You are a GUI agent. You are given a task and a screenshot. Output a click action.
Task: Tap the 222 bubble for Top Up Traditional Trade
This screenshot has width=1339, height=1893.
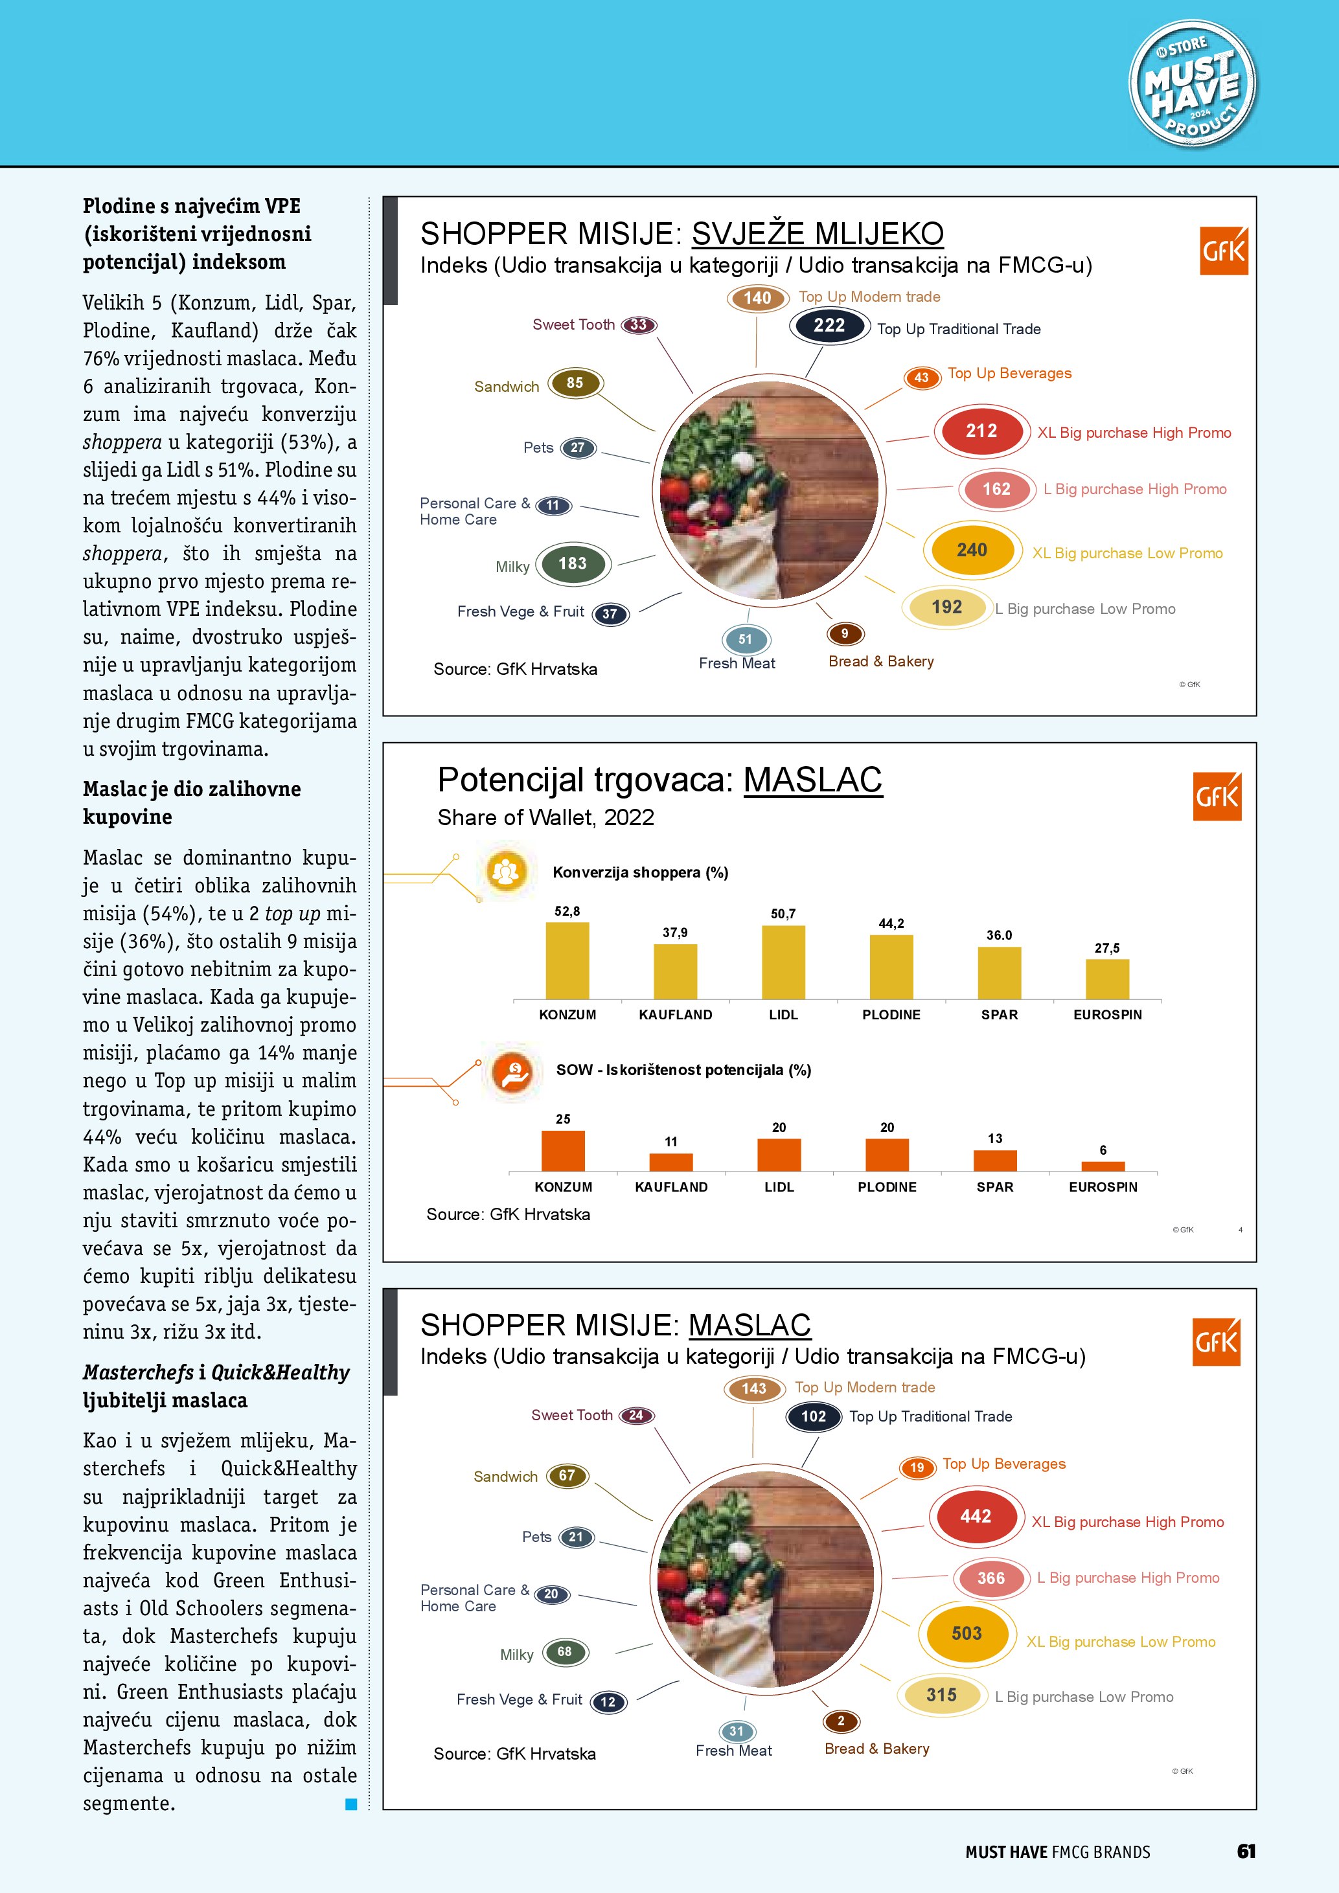[829, 326]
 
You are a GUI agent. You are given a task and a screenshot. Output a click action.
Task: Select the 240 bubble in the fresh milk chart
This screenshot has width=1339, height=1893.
[971, 550]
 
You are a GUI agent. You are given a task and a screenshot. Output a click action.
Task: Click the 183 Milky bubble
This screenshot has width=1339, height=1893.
[572, 564]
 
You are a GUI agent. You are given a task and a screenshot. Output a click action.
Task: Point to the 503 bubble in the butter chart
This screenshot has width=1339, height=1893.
[967, 1633]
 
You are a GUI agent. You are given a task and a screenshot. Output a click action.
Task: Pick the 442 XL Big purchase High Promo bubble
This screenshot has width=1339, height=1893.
[976, 1516]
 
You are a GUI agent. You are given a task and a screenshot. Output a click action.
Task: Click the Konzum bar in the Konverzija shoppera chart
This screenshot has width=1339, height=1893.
[567, 960]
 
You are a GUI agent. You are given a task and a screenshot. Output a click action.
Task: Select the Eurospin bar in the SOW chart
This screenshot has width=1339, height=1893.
[1103, 1166]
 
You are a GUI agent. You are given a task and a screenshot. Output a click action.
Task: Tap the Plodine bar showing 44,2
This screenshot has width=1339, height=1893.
[891, 966]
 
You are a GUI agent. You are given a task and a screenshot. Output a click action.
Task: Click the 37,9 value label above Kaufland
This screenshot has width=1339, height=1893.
[674, 933]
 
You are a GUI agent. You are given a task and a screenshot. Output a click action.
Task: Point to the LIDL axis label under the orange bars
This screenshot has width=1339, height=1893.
[779, 1186]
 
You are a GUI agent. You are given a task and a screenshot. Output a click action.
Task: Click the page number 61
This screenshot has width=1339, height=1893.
[1246, 1851]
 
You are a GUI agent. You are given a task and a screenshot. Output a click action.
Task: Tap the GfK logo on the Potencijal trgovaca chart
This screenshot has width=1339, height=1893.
[1217, 797]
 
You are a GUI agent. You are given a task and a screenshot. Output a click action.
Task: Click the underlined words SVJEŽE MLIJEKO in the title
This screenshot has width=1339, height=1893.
[817, 234]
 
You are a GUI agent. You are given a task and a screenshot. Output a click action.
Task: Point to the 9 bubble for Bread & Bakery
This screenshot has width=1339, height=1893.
[844, 633]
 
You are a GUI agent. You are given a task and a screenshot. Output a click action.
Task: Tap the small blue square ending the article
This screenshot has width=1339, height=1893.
[351, 1804]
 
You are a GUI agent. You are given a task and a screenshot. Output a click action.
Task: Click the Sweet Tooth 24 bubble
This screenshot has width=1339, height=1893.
[635, 1416]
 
